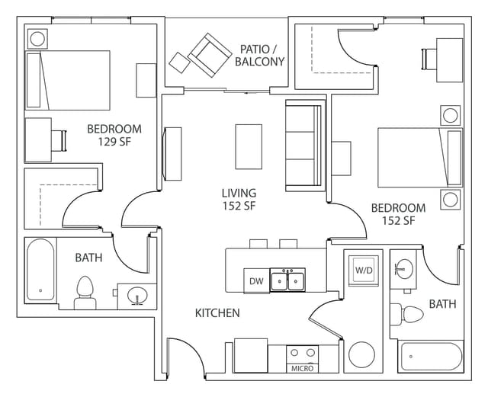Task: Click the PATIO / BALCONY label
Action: point(260,54)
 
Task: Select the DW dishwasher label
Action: point(255,281)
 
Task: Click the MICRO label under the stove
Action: point(302,369)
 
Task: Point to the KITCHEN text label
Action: point(217,313)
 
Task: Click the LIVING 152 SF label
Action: point(239,200)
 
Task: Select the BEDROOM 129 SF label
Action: point(114,135)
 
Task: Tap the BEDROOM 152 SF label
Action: point(398,214)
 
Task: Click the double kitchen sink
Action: point(287,280)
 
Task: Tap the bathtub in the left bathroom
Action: point(40,270)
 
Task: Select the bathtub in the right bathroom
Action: point(431,356)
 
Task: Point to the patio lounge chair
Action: point(209,55)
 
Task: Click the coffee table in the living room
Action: point(249,146)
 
